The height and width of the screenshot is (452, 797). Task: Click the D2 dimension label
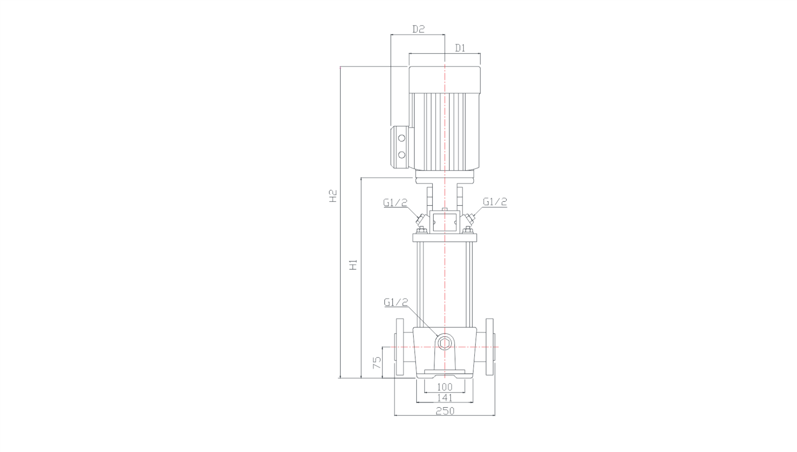pyautogui.click(x=418, y=29)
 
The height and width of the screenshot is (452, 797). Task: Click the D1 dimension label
pyautogui.click(x=460, y=48)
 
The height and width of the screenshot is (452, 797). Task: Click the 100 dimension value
pyautogui.click(x=445, y=387)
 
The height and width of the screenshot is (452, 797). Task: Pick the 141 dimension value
pyautogui.click(x=445, y=398)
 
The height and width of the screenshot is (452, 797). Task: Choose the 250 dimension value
pyautogui.click(x=445, y=411)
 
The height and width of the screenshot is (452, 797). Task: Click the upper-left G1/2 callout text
pyautogui.click(x=395, y=203)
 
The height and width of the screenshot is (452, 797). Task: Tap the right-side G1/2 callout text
pyautogui.click(x=495, y=202)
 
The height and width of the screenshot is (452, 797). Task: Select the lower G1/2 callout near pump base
pyautogui.click(x=396, y=302)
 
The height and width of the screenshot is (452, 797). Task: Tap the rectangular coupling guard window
pyautogui.click(x=445, y=222)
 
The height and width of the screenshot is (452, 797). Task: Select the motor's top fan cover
pyautogui.click(x=445, y=80)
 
